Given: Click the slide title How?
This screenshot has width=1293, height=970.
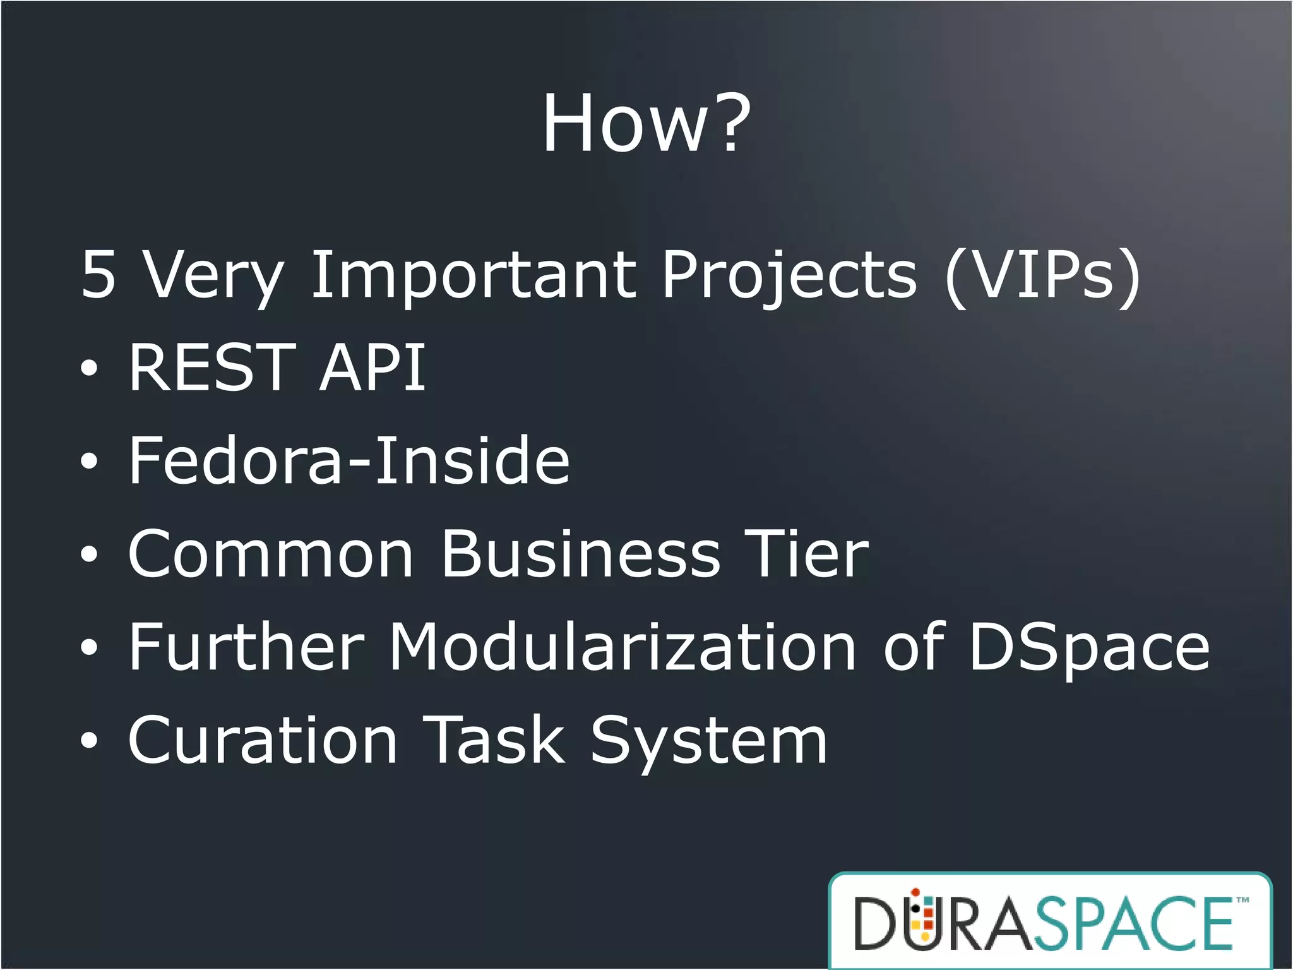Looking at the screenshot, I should [646, 124].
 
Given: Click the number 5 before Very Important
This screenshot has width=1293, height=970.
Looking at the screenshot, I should [99, 275].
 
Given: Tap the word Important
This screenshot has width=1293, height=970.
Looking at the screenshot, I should [474, 275].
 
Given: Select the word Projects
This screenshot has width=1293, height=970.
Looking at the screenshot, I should [789, 275].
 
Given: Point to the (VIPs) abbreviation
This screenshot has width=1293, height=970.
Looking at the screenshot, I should [1042, 276].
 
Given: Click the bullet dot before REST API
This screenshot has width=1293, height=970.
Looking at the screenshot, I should [90, 368].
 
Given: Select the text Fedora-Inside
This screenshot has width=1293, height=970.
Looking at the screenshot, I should [349, 460].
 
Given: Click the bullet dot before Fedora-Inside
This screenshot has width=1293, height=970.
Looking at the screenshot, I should [90, 461].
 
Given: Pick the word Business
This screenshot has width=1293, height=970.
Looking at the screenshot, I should [581, 554].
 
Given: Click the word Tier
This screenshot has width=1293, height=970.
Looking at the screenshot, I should [807, 554].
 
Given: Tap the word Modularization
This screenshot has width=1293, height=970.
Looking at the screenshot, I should [622, 647].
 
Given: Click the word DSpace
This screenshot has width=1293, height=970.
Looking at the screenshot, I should [1089, 648].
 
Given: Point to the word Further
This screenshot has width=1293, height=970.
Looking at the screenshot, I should [247, 647].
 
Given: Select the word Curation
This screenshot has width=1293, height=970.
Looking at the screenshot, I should [263, 740].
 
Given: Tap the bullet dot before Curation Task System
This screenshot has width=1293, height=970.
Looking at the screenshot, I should [90, 740].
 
